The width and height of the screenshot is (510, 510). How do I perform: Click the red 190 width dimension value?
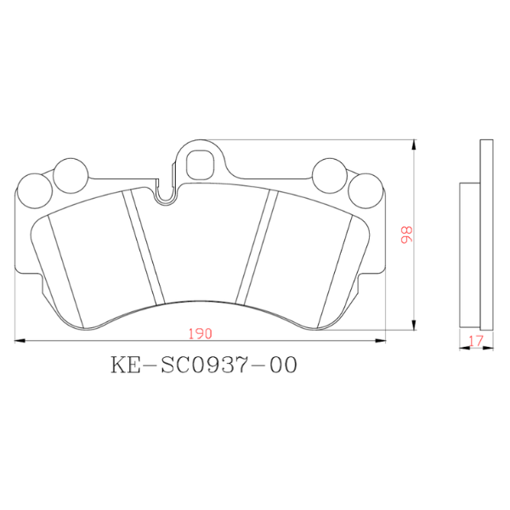click(201, 332)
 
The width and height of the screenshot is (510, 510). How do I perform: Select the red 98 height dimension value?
click(407, 235)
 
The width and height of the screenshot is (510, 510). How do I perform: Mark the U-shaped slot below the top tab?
click(166, 192)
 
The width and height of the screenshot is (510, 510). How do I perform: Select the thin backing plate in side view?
click(486, 234)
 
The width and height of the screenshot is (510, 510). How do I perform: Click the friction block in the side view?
click(470, 255)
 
